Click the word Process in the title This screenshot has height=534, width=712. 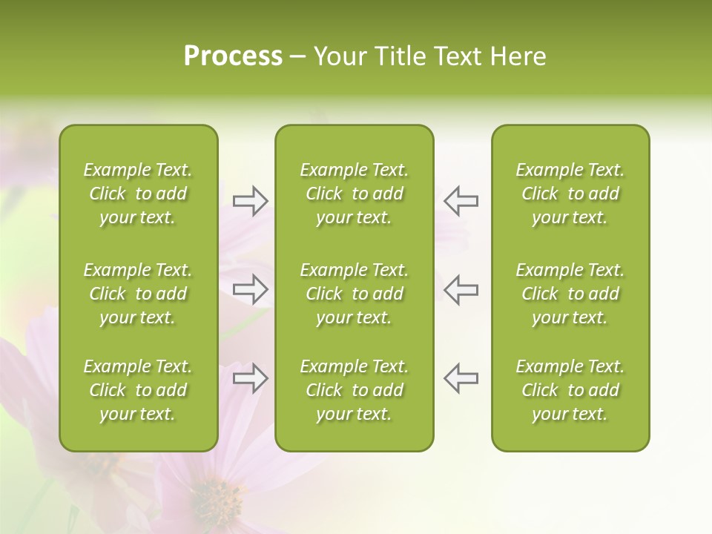233,56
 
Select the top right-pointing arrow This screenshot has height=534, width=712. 251,201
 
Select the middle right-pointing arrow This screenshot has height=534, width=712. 251,289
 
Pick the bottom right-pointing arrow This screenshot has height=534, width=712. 251,378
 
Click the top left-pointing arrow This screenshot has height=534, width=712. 461,201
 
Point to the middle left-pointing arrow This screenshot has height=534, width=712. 461,289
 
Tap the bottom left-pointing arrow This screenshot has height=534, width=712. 461,378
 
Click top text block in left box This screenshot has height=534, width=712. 138,194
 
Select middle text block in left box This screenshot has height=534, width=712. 138,294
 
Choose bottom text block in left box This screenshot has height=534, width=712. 138,390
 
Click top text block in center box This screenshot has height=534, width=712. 354,194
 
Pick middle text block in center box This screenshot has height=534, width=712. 354,294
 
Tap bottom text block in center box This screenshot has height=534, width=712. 354,390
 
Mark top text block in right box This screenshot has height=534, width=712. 570,194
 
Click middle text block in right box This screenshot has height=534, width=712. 570,294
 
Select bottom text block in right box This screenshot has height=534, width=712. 570,390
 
